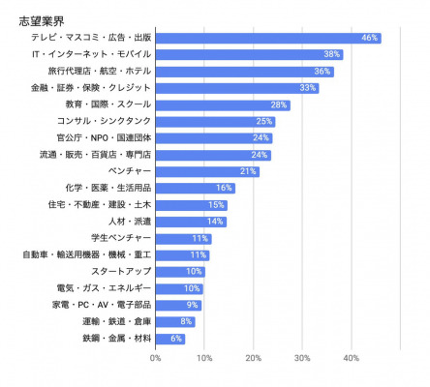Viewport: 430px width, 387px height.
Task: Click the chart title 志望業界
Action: [x=42, y=21]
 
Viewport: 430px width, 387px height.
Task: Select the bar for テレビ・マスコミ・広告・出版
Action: [x=268, y=38]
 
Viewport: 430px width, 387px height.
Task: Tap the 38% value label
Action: [x=332, y=54]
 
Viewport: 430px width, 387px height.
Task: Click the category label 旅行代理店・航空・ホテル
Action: [x=100, y=71]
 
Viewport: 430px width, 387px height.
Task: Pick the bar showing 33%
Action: [x=237, y=88]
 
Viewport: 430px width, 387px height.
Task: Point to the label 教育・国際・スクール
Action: [x=108, y=104]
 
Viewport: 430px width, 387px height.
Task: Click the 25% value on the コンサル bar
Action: [x=264, y=121]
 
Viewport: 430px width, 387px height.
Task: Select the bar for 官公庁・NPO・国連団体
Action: [x=214, y=138]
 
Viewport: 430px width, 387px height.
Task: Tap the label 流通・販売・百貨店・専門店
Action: [x=95, y=155]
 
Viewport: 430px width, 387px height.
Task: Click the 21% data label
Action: [x=248, y=171]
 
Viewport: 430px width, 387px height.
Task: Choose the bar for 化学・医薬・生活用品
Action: [x=196, y=189]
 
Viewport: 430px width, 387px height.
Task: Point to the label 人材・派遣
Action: [x=130, y=222]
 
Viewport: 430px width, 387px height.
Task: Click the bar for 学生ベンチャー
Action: [x=183, y=239]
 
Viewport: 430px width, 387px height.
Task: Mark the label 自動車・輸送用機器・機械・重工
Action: [x=87, y=254]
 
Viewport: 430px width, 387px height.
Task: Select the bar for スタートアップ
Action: [x=180, y=272]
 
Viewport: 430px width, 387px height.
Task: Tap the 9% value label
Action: [x=192, y=305]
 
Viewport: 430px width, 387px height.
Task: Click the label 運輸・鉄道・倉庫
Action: [x=116, y=321]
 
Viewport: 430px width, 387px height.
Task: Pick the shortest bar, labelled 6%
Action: [x=170, y=339]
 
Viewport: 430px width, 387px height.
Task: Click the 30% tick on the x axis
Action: [x=302, y=358]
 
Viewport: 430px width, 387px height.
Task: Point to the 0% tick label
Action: [x=155, y=358]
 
